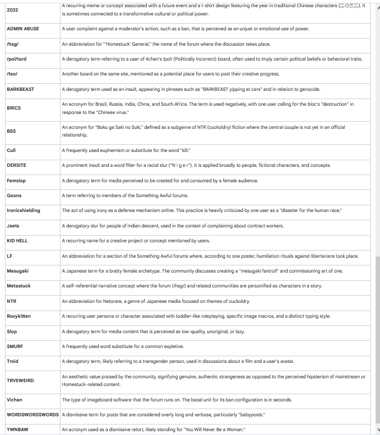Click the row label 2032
pyautogui.click(x=12, y=10)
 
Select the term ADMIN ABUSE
pyautogui.click(x=23, y=29)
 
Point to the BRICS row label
pyautogui.click(x=14, y=108)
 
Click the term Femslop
pyautogui.click(x=16, y=181)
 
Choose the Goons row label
pyautogui.click(x=14, y=195)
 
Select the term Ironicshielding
pyautogui.click(x=24, y=210)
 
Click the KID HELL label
pyautogui.click(x=17, y=241)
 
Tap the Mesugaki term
pyautogui.click(x=18, y=271)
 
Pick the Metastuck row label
pyautogui.click(x=19, y=286)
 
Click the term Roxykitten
pyautogui.click(x=19, y=317)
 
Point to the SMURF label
pyautogui.click(x=15, y=346)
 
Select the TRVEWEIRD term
pyautogui.click(x=20, y=380)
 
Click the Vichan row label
pyautogui.click(x=15, y=400)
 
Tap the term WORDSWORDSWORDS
pyautogui.click(x=32, y=415)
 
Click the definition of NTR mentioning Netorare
pyautogui.click(x=156, y=301)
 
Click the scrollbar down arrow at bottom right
pyautogui.click(x=377, y=430)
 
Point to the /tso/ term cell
pyautogui.click(x=12, y=74)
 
